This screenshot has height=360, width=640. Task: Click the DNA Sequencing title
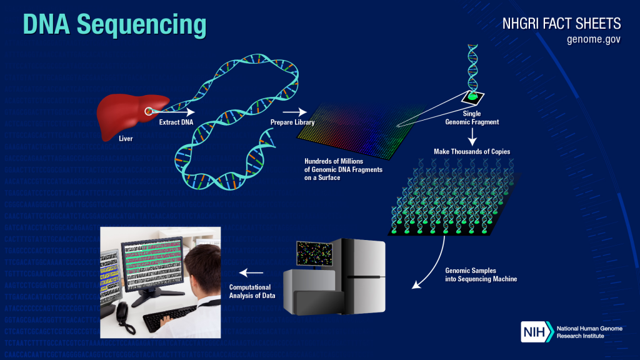115,24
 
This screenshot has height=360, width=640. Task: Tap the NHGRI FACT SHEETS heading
561,24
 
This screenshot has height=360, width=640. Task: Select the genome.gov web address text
594,39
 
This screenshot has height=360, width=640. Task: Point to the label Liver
126,137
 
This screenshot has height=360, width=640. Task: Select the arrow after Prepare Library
299,112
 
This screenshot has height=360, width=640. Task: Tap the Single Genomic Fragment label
472,118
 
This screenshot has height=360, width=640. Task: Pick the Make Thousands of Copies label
472,152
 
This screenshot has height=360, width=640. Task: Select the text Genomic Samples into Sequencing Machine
481,275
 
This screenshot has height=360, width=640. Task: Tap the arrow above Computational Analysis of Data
252,272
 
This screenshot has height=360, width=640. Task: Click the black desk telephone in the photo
125,316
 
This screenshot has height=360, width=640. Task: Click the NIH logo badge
537,331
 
